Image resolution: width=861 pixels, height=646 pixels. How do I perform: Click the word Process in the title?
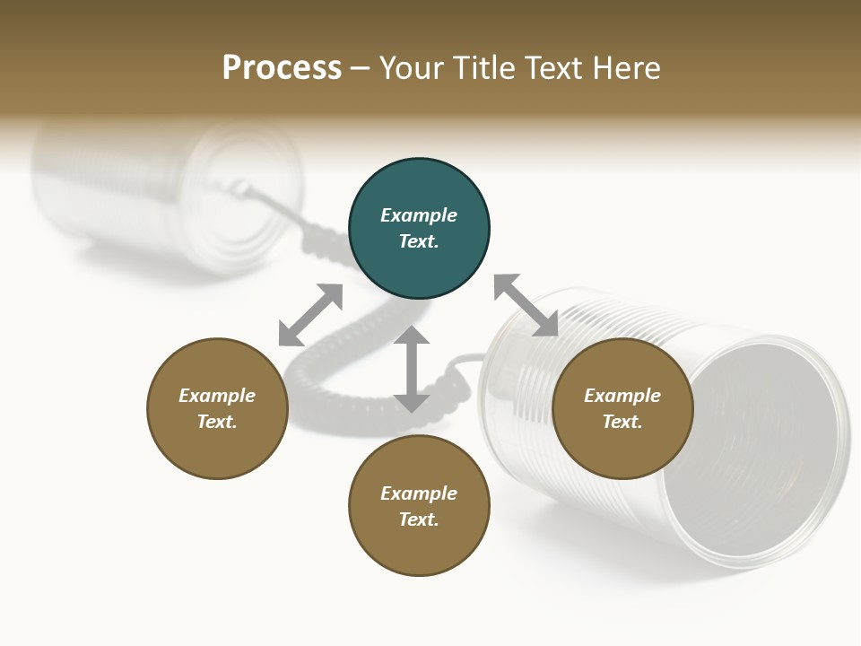click(282, 68)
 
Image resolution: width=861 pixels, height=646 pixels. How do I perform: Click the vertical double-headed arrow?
click(412, 369)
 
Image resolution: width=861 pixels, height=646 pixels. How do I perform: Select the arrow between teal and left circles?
click(310, 315)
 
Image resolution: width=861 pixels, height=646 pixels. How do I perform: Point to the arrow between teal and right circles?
click(526, 305)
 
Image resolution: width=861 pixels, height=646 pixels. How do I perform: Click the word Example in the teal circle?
click(419, 215)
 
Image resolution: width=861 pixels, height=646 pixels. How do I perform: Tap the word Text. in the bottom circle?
click(419, 519)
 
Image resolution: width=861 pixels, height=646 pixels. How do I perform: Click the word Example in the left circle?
click(217, 396)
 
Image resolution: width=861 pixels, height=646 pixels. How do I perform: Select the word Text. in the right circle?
click(622, 422)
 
